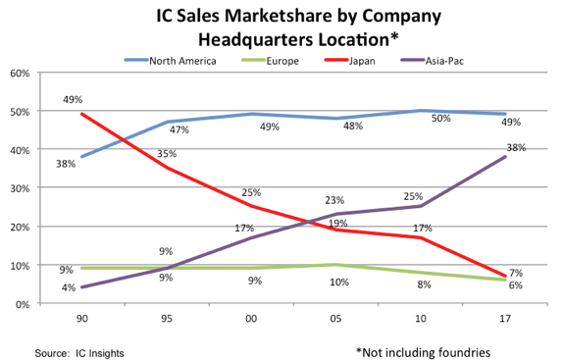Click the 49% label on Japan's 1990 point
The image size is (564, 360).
coord(72,99)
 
